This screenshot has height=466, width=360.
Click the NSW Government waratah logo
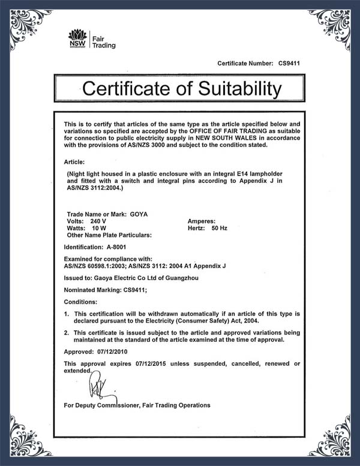pos(76,37)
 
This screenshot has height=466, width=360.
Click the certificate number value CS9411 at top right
pos(289,62)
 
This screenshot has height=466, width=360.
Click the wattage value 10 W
pos(99,228)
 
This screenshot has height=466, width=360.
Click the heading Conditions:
pos(81,301)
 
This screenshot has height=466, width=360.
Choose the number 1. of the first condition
pos(66,314)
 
